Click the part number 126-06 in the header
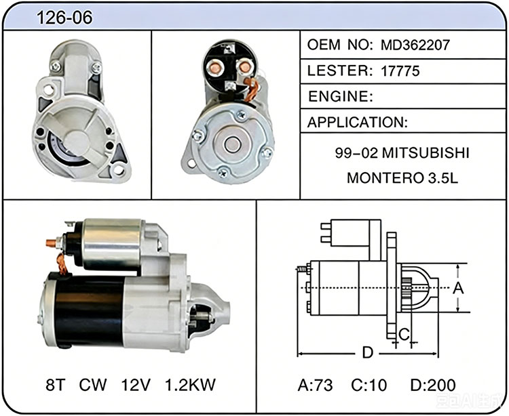tap(64, 17)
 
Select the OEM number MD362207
tap(415, 45)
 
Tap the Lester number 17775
tap(400, 71)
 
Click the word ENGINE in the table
tap(337, 96)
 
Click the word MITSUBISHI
tap(426, 152)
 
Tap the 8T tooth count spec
tap(56, 385)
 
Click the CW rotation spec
tap(93, 385)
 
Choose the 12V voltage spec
tap(136, 385)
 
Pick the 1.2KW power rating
tap(190, 385)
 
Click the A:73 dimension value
tap(315, 386)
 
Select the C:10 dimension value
tap(369, 386)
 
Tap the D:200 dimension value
tap(433, 386)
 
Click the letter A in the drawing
tap(458, 288)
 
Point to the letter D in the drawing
tap(367, 352)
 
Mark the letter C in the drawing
tap(404, 334)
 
